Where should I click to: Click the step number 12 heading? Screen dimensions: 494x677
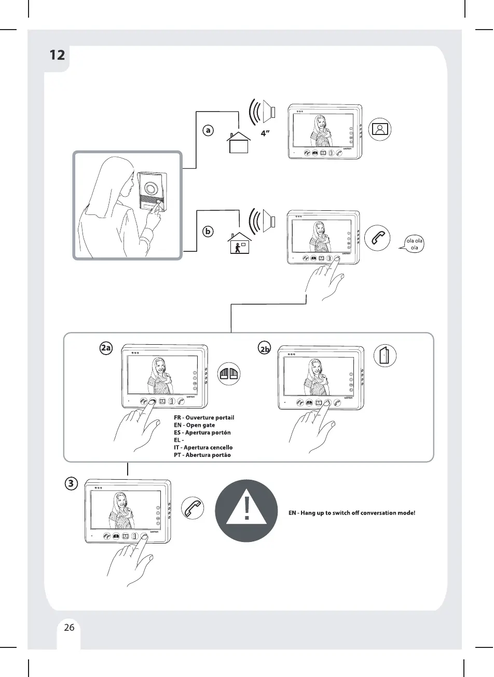[57, 55]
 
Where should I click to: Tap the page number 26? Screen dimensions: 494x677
[69, 627]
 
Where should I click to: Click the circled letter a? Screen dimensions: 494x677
[208, 130]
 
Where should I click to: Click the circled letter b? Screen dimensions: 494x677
[208, 232]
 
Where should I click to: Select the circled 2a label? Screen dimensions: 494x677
[106, 348]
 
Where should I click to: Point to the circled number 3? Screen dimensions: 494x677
[72, 484]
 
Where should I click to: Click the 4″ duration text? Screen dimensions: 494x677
[266, 133]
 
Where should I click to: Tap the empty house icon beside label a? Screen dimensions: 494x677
[239, 141]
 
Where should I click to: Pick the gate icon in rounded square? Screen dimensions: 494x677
[229, 373]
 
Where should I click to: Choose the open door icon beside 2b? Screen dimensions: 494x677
[385, 356]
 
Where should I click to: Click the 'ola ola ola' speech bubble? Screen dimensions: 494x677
[414, 244]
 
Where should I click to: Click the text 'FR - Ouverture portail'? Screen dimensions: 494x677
[204, 417]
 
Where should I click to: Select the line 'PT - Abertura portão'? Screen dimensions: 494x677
[202, 455]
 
